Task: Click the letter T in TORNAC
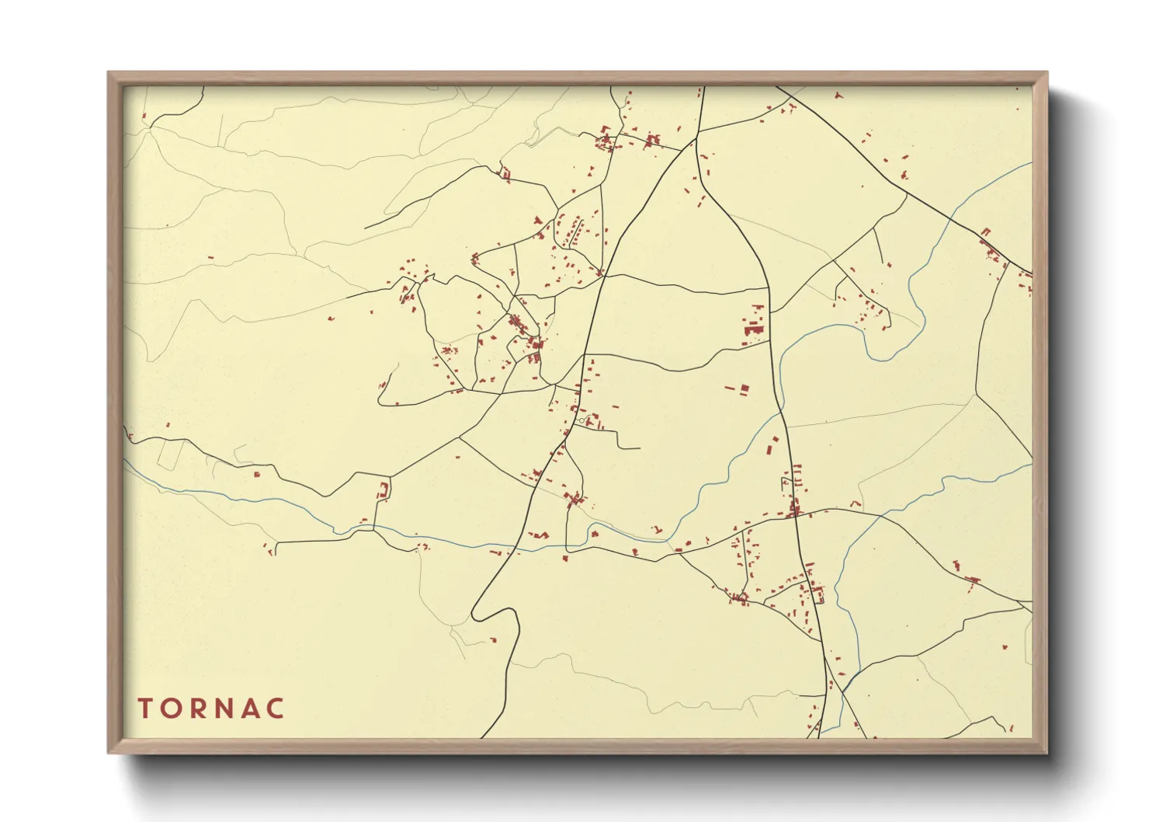point(145,709)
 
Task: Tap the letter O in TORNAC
point(171,709)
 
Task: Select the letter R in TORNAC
point(197,709)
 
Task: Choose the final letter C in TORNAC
point(275,709)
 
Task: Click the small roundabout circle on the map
point(581,421)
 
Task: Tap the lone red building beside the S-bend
point(492,641)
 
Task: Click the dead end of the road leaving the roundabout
point(639,448)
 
